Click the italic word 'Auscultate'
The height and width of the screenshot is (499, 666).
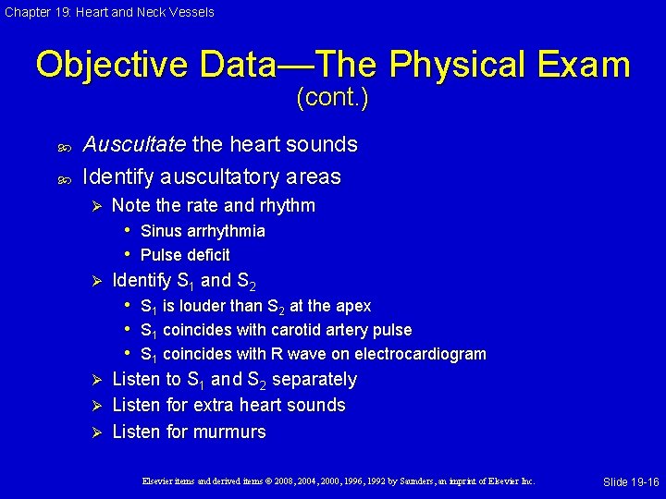pos(134,144)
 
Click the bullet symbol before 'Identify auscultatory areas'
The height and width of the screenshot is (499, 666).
pos(61,176)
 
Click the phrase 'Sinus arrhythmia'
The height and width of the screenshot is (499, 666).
pos(203,231)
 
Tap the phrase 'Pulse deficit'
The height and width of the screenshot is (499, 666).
pos(185,255)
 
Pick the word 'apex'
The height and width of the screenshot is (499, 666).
pos(352,306)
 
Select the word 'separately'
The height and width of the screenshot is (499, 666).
pos(314,380)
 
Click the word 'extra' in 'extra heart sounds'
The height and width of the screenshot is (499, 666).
pos(230,406)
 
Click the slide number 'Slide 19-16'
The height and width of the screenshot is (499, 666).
pos(631,482)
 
